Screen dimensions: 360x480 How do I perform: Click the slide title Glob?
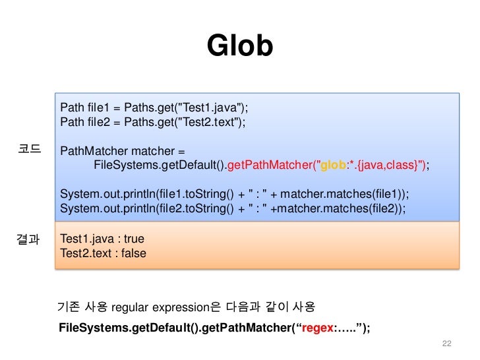click(239, 46)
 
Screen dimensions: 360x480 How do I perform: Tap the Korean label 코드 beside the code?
click(29, 150)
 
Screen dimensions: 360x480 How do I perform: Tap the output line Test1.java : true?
click(102, 239)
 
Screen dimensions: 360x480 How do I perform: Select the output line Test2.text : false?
click(103, 253)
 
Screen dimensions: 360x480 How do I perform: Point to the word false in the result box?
click(133, 253)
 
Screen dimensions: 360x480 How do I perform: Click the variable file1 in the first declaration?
click(98, 108)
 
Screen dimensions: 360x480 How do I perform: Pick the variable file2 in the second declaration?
click(98, 122)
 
